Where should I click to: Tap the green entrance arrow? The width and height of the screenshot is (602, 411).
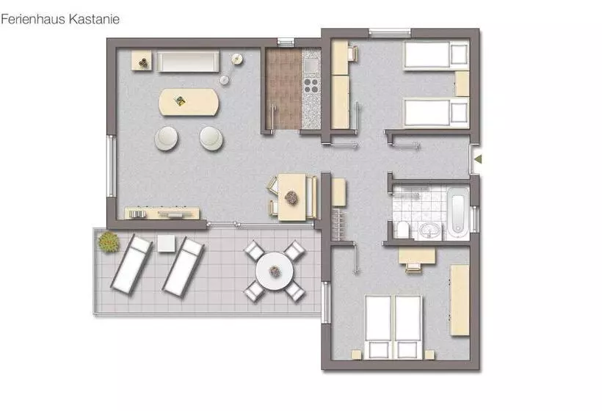tap(478, 159)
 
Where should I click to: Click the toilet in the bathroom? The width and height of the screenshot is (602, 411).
tap(403, 230)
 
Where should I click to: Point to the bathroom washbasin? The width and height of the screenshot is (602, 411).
tap(429, 231)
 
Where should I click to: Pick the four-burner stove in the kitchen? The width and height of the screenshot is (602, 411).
tap(311, 86)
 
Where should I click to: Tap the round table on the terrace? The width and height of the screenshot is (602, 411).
tap(274, 272)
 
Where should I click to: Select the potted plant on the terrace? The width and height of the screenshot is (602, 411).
tap(109, 241)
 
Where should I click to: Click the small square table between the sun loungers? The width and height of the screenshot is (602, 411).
tap(166, 244)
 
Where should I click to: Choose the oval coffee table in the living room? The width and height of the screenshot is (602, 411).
tap(189, 103)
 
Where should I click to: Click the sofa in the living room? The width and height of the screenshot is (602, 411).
tap(188, 62)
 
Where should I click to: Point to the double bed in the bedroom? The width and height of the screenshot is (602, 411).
tap(394, 327)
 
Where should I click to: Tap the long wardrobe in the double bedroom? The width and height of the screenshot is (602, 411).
tap(460, 299)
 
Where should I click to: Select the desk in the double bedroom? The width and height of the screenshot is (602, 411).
tap(417, 256)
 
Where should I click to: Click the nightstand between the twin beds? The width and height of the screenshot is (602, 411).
tap(462, 84)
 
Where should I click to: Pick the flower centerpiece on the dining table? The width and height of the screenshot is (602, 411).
tap(291, 198)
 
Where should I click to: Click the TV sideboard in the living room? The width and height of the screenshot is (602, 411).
tap(162, 213)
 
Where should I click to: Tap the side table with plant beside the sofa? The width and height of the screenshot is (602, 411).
tap(141, 62)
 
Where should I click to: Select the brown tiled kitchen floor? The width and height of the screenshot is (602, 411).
tap(283, 90)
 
